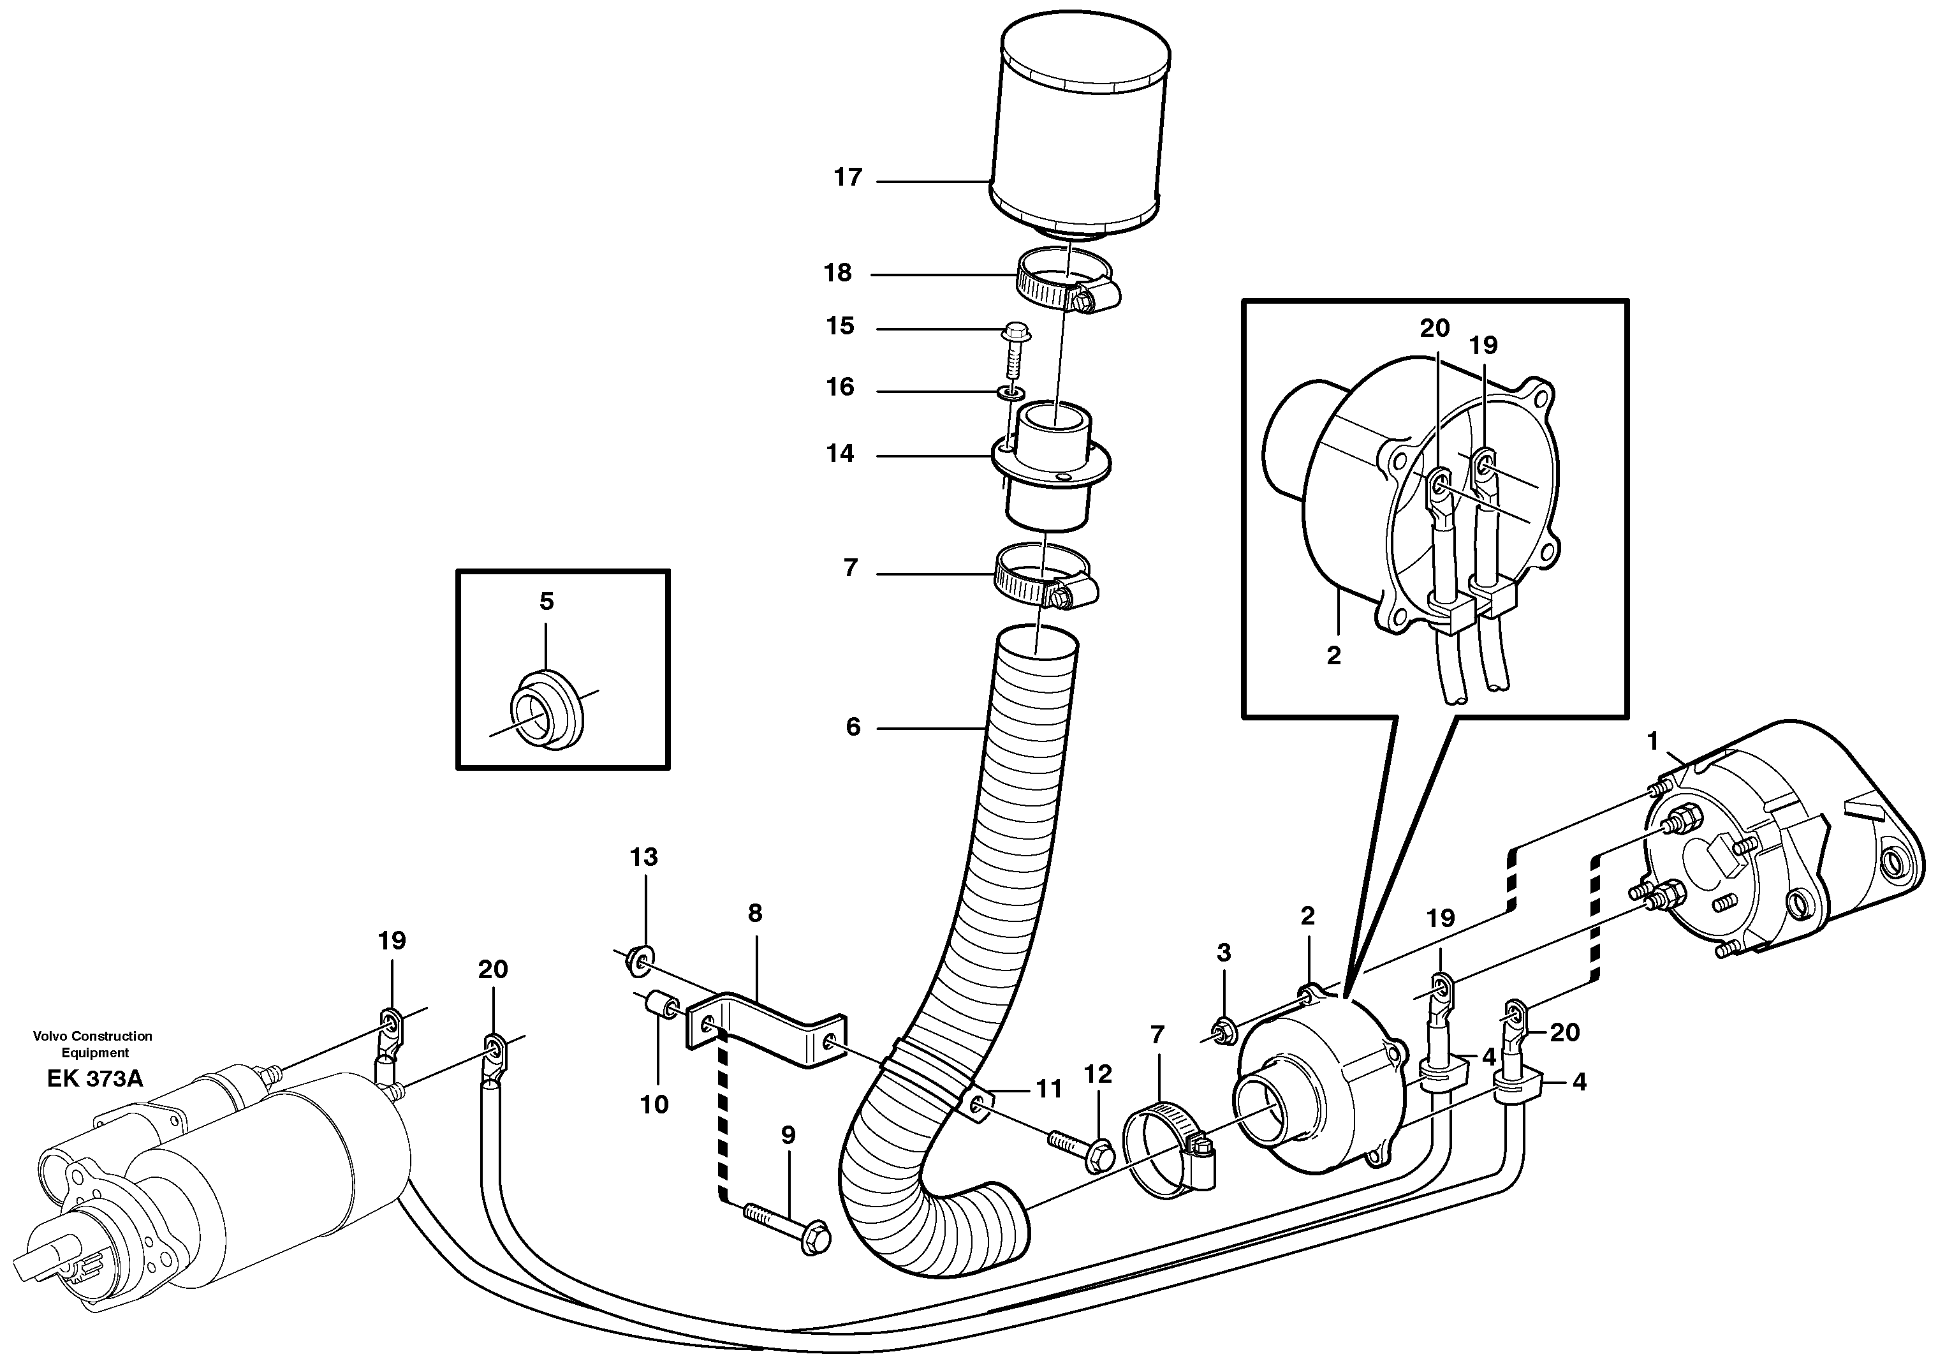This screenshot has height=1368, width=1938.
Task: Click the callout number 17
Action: click(848, 177)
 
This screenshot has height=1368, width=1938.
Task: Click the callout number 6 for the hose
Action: click(853, 727)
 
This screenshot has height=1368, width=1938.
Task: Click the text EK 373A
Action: click(94, 1078)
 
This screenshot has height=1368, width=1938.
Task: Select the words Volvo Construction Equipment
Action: click(93, 1044)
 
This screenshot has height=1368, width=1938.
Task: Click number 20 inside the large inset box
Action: click(1435, 328)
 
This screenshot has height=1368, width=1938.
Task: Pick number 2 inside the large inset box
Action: click(1333, 655)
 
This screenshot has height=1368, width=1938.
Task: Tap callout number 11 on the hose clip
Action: click(1048, 1089)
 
